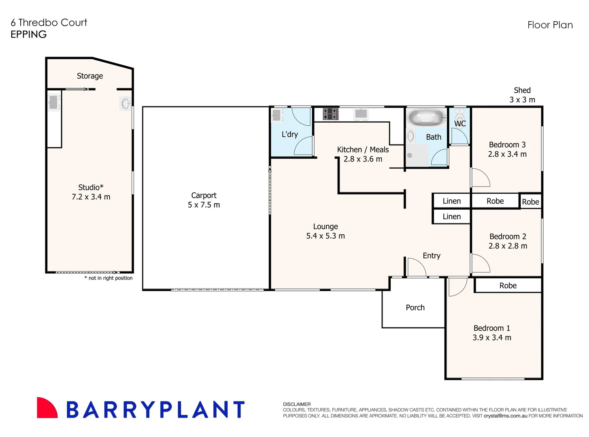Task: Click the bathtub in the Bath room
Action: (x=426, y=117)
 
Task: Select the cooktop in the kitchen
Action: (x=330, y=114)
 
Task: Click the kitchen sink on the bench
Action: (x=361, y=113)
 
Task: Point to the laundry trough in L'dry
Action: (x=276, y=115)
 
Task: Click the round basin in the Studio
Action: (x=125, y=103)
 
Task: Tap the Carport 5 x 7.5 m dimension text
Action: (x=204, y=205)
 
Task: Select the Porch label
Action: (x=415, y=308)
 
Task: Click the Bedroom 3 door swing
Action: (x=480, y=178)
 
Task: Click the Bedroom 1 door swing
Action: (x=457, y=286)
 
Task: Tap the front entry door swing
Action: (x=416, y=268)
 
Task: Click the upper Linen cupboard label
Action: (x=451, y=201)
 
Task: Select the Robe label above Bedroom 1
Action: (x=508, y=286)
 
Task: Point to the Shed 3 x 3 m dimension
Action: (x=522, y=100)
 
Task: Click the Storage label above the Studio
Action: (x=89, y=76)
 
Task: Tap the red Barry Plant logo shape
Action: (x=47, y=408)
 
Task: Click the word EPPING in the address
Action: (x=28, y=34)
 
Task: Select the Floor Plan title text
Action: (x=550, y=25)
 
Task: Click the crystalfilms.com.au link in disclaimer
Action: (x=505, y=416)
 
